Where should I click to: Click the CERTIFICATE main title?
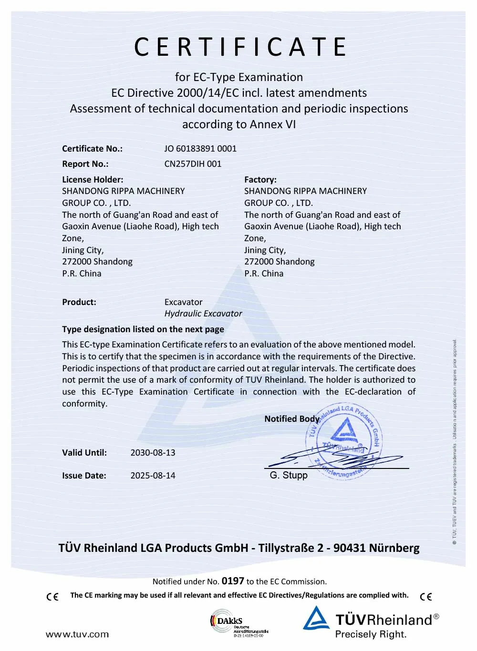coord(240,47)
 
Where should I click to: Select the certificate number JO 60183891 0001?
coord(200,149)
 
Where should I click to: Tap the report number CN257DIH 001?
coord(193,164)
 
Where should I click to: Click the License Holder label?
coord(93,180)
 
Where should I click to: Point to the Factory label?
coord(260,180)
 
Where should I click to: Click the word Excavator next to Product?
coord(183,302)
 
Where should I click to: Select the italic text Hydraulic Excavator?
coord(203,314)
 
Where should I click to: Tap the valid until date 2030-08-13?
coord(153,453)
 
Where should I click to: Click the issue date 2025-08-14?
coord(153,476)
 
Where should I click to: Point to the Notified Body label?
coord(291,419)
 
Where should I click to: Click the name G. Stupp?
coord(289,475)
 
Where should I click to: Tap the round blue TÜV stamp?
coord(344,441)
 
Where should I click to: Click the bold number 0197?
coord(233,581)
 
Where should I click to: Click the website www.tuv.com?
coord(77,634)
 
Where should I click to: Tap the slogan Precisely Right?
coord(371,634)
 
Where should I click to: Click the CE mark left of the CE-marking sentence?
coord(52,597)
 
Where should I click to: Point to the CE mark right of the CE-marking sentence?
coord(426,597)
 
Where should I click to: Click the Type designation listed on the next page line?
coord(143,329)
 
